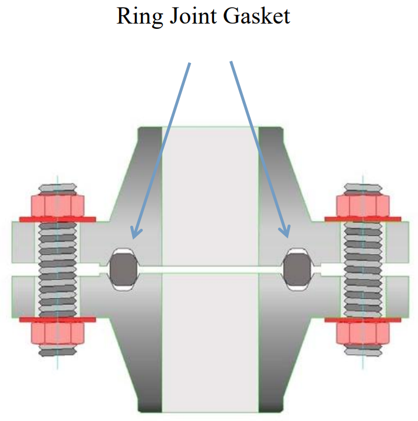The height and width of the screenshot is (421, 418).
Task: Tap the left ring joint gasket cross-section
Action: pyautogui.click(x=124, y=269)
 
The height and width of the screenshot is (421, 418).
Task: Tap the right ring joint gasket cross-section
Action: pyautogui.click(x=297, y=268)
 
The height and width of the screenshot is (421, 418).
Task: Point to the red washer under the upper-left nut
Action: pyautogui.click(x=57, y=219)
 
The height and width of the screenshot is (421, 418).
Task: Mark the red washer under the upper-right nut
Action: pyautogui.click(x=361, y=219)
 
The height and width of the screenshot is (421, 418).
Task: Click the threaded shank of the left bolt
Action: pyautogui.click(x=57, y=269)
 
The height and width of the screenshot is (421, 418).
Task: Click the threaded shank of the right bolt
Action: pyautogui.click(x=361, y=269)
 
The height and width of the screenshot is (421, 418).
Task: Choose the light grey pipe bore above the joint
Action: pyautogui.click(x=210, y=195)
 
